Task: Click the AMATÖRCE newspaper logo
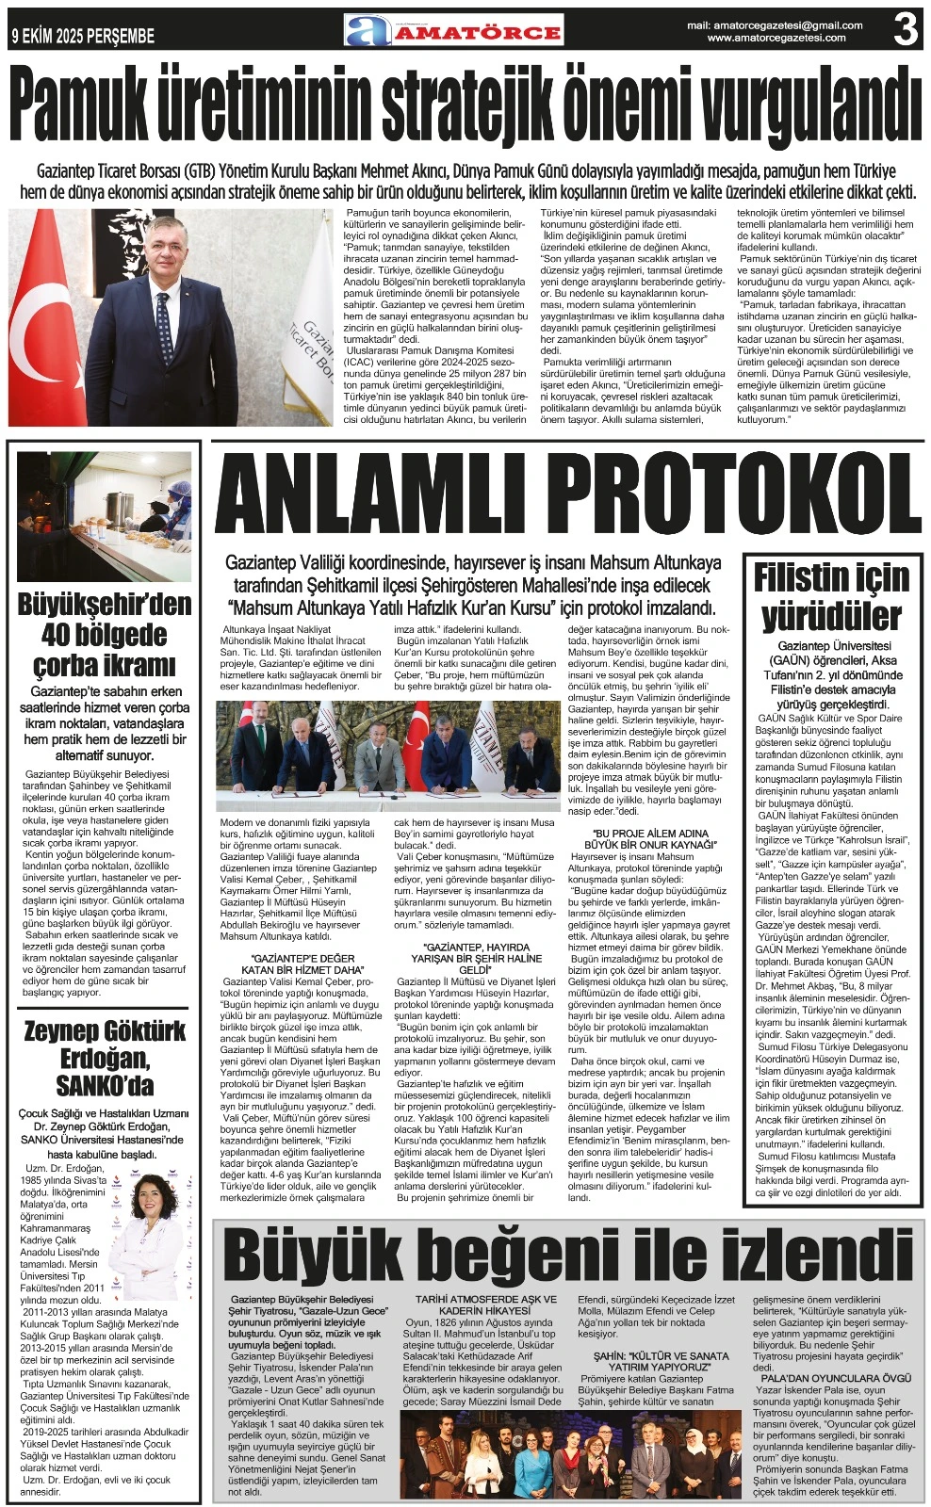(x=453, y=31)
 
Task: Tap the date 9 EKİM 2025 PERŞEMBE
(x=83, y=37)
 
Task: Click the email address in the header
(x=775, y=25)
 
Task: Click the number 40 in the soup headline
(x=65, y=635)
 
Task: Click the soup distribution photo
(x=105, y=516)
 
